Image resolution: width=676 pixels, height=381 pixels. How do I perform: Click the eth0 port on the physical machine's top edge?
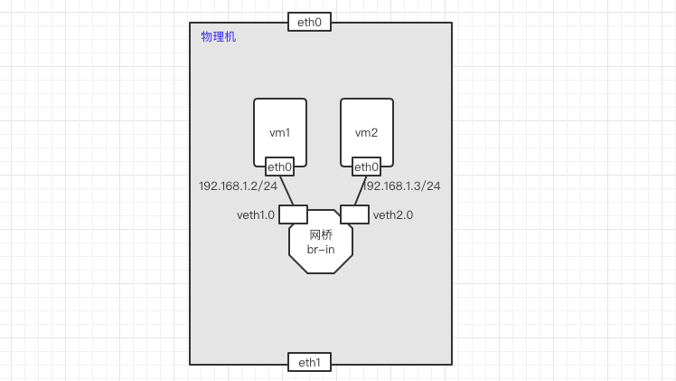pyautogui.click(x=309, y=22)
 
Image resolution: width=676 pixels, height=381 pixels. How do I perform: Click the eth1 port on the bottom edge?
pyautogui.click(x=309, y=362)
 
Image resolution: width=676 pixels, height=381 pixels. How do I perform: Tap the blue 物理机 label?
pyautogui.click(x=218, y=37)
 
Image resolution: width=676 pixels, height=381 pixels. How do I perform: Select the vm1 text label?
pyautogui.click(x=279, y=133)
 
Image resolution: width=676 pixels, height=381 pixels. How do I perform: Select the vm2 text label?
pyautogui.click(x=366, y=133)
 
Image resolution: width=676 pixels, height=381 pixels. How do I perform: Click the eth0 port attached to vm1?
pyautogui.click(x=279, y=167)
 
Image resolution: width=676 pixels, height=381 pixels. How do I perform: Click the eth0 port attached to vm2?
pyautogui.click(x=366, y=167)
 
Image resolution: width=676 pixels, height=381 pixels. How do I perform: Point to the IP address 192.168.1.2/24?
pyautogui.click(x=238, y=186)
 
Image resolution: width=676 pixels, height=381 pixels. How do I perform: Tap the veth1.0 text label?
pyautogui.click(x=255, y=215)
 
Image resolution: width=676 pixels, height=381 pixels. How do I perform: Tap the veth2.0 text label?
pyautogui.click(x=392, y=215)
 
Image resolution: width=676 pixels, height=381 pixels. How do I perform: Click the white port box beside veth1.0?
pyautogui.click(x=293, y=214)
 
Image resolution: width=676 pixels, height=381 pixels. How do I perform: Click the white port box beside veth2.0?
pyautogui.click(x=354, y=214)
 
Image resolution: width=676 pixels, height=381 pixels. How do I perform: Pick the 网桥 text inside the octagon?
pyautogui.click(x=320, y=234)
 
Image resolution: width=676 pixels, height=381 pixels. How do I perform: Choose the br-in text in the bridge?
pyautogui.click(x=320, y=249)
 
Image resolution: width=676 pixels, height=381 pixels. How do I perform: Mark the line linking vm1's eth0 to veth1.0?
pyautogui.click(x=286, y=190)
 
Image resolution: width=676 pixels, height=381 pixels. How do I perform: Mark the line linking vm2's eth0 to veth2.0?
pyautogui.click(x=359, y=190)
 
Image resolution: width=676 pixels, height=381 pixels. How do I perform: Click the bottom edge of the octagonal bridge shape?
pyautogui.click(x=320, y=271)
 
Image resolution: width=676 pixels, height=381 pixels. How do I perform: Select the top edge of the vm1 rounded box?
pyautogui.click(x=279, y=99)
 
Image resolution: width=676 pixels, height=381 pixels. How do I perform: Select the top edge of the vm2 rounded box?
pyautogui.click(x=366, y=99)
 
